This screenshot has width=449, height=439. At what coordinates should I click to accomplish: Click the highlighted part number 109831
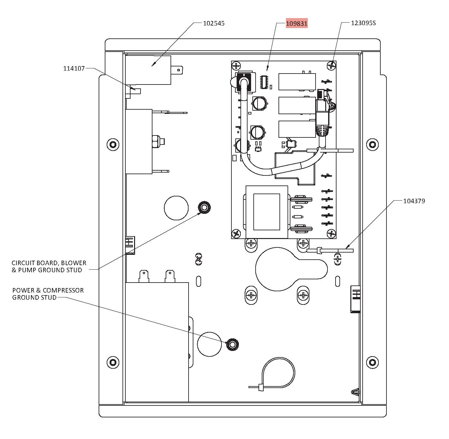tap(297, 23)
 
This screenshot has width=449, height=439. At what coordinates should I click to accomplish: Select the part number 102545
tap(214, 23)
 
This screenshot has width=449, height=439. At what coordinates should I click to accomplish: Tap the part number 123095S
tap(363, 23)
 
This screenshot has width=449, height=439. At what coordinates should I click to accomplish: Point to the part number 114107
tap(74, 68)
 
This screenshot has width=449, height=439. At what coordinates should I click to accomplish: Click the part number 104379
tap(414, 201)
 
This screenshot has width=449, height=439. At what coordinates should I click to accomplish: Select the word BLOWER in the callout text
tap(72, 263)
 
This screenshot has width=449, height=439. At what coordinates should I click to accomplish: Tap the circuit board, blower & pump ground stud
tap(204, 208)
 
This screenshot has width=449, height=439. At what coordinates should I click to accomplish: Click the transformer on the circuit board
tap(267, 212)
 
